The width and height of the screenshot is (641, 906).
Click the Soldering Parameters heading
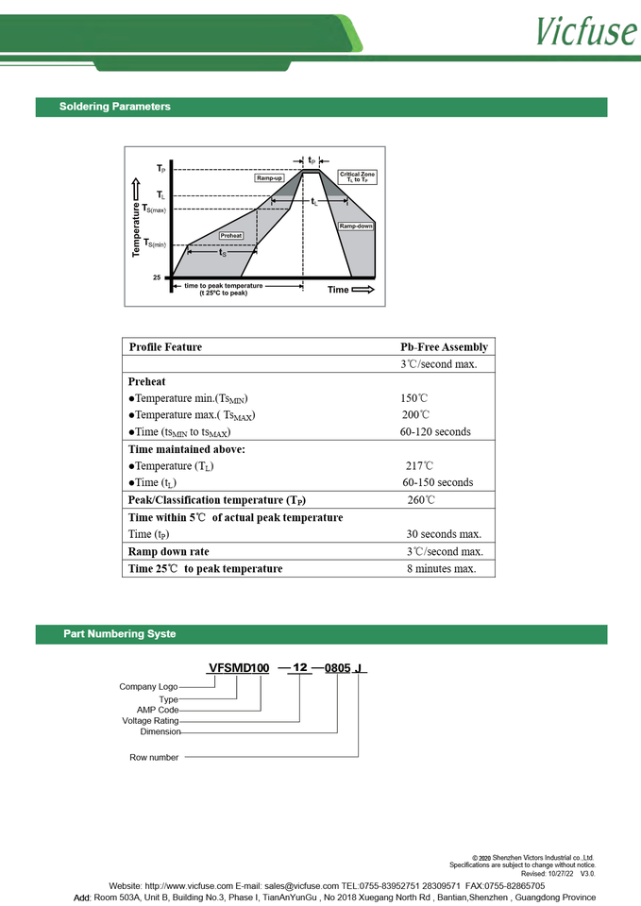114,107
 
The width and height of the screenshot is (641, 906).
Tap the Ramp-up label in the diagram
269,178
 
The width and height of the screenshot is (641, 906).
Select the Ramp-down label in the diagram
356,226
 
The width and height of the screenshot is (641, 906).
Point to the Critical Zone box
357,176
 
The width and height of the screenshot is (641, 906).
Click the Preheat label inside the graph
231,235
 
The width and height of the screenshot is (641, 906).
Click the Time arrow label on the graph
350,290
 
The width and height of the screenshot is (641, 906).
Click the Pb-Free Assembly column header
444,347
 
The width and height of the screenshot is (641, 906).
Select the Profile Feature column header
165,347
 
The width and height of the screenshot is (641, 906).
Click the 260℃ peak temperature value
421,500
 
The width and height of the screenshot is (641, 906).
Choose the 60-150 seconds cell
437,483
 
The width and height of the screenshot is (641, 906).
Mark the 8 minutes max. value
441,569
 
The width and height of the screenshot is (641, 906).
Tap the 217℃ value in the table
420,466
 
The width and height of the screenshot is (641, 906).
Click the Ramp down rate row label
168,552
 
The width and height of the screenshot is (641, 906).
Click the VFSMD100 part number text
238,668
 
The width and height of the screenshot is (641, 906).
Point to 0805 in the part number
337,668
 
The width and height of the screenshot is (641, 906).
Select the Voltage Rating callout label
150,721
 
